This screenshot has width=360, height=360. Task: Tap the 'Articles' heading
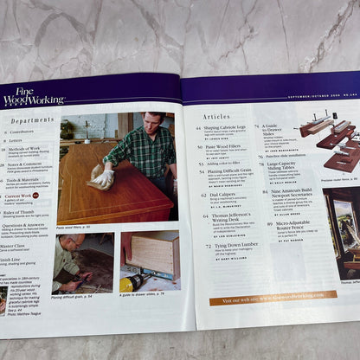216,115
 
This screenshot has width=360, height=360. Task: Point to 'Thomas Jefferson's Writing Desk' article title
229,214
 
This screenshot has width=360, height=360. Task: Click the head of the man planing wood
72,241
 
